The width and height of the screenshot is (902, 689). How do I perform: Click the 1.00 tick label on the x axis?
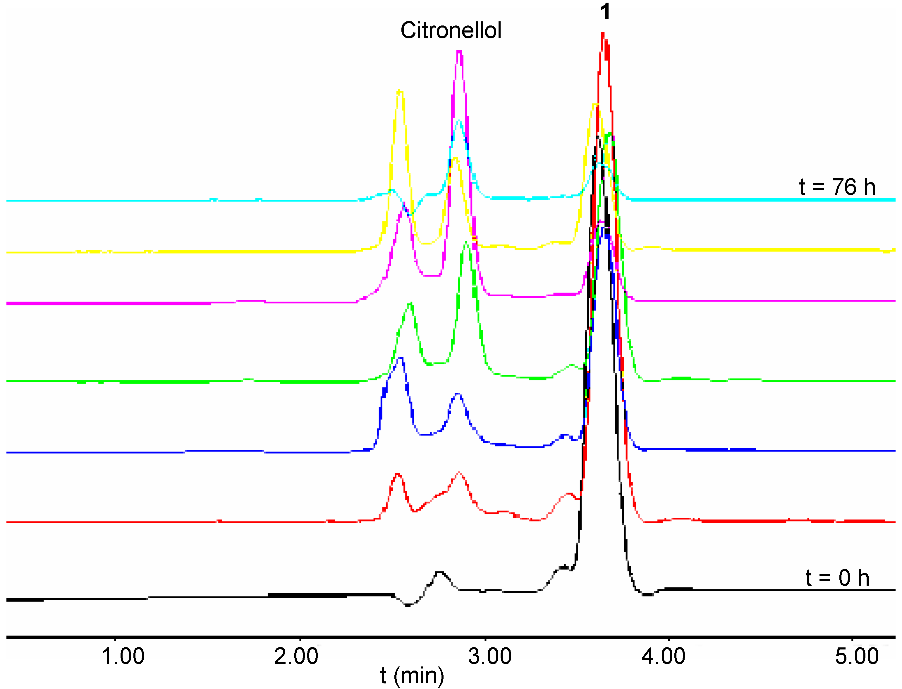pyautogui.click(x=123, y=656)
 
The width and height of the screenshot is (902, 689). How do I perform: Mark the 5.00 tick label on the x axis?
pyautogui.click(x=857, y=656)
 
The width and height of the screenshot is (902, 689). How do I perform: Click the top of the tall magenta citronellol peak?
pyautogui.click(x=459, y=52)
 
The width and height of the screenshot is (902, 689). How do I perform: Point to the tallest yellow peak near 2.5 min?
pyautogui.click(x=400, y=91)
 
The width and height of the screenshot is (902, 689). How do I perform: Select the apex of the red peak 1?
pyautogui.click(x=603, y=34)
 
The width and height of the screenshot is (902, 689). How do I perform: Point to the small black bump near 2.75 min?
pyautogui.click(x=439, y=572)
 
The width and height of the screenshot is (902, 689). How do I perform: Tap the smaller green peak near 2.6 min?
pyautogui.click(x=410, y=303)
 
